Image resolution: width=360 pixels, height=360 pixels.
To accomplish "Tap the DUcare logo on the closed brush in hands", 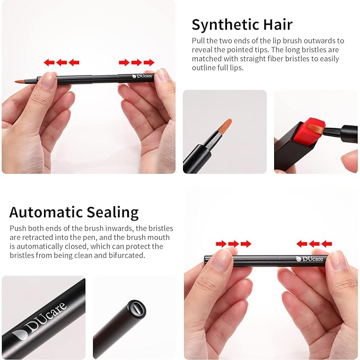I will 309,259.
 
